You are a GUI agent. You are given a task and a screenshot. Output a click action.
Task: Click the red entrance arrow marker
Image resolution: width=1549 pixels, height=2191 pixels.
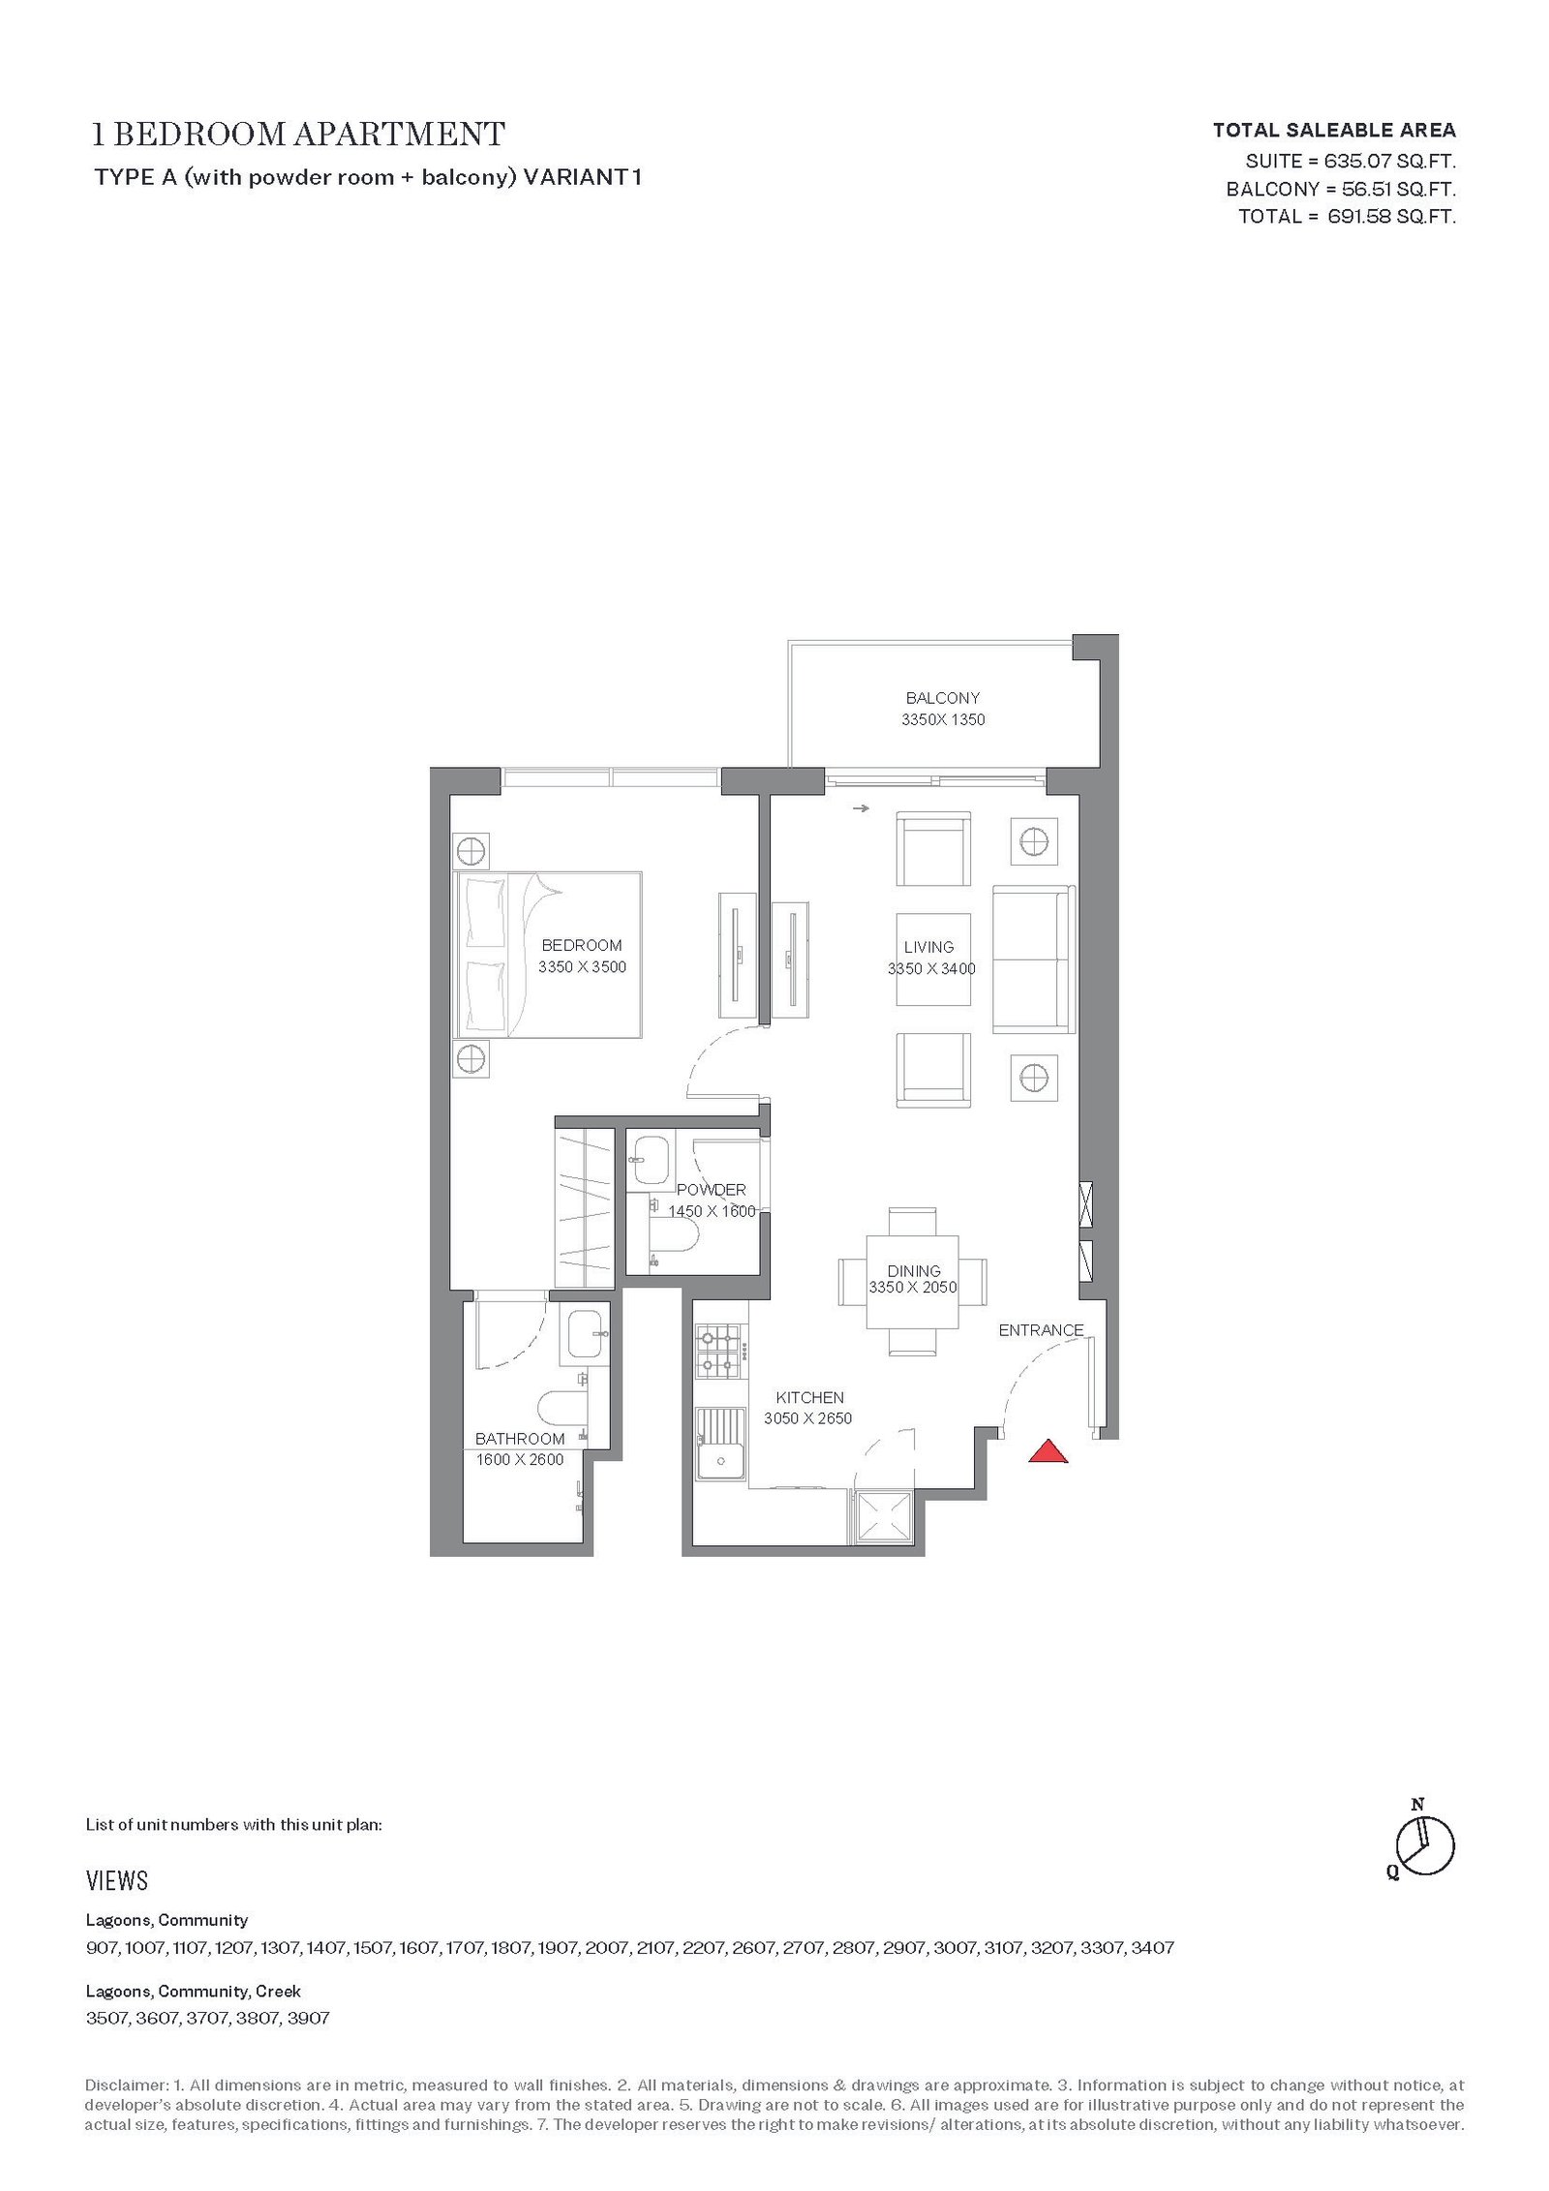tap(1048, 1451)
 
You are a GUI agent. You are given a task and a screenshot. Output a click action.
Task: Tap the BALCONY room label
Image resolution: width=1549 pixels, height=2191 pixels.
tap(942, 697)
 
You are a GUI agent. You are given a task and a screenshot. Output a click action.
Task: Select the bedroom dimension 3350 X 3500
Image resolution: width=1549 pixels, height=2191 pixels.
tap(582, 966)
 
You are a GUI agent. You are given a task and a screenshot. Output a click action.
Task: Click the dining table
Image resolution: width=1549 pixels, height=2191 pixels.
tap(912, 1282)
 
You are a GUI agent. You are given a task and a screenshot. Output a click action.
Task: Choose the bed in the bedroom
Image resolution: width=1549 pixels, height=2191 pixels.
tap(547, 955)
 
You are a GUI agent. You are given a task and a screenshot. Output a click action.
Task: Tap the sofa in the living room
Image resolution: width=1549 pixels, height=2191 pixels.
tap(1033, 959)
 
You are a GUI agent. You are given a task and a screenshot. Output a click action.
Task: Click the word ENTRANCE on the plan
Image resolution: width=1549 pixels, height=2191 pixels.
tap(1041, 1330)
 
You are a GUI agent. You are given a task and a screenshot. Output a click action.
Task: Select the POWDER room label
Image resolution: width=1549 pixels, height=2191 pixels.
tap(712, 1189)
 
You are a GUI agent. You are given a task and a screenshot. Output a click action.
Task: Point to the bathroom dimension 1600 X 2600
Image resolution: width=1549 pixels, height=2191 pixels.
tap(519, 1460)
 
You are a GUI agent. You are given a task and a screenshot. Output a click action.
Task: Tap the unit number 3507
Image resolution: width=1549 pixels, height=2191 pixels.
tap(106, 2019)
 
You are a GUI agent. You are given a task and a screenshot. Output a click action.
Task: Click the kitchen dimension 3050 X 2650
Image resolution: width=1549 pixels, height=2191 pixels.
tap(808, 1418)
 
